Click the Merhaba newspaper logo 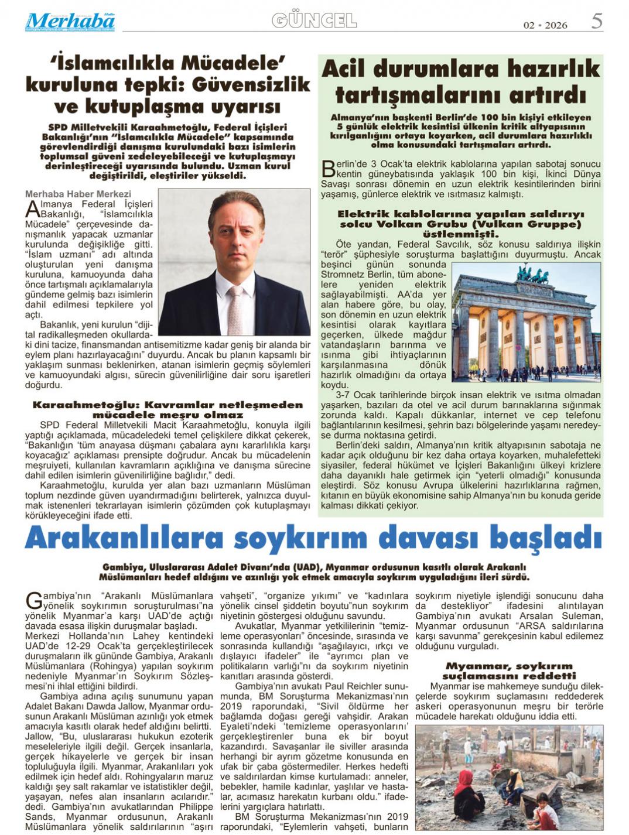click(x=70, y=22)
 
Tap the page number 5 click(x=596, y=22)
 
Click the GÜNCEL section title click(x=314, y=21)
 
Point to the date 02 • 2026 click(x=545, y=25)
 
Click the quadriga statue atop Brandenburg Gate click(x=532, y=273)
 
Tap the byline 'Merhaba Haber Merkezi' click(x=78, y=194)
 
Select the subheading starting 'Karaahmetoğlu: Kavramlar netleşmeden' click(x=167, y=409)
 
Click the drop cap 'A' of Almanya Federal click(x=33, y=209)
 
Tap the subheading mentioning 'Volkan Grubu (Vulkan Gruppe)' click(x=460, y=224)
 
